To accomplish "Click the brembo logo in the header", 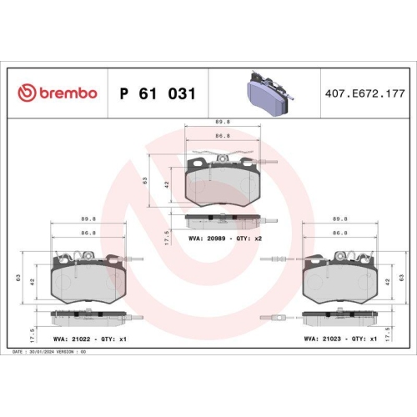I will [57, 93].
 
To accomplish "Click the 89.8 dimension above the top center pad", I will [222, 121].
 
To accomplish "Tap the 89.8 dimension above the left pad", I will [88, 221].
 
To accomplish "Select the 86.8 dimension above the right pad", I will [339, 234].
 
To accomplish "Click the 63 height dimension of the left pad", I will [18, 280].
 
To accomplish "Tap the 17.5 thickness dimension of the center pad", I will [168, 238].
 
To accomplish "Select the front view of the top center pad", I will [221, 182].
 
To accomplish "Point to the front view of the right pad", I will [339, 280].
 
